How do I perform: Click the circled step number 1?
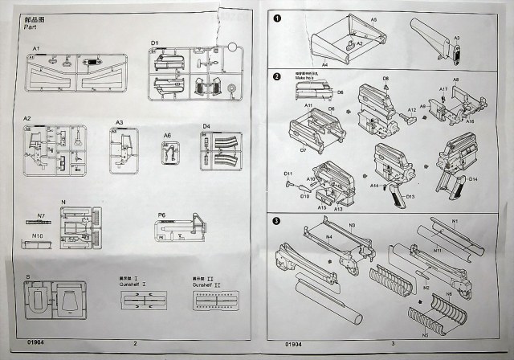[277, 18]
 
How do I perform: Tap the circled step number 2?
[277, 77]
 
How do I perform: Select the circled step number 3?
[277, 222]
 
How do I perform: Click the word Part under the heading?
[31, 27]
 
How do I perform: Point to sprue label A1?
[36, 49]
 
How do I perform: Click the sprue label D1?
[155, 42]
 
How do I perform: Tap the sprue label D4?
[206, 126]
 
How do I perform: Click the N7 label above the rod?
[39, 215]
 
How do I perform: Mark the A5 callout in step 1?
[373, 18]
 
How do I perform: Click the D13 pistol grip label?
[410, 196]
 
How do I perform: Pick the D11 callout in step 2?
[288, 174]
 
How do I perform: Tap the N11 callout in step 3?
[438, 251]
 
